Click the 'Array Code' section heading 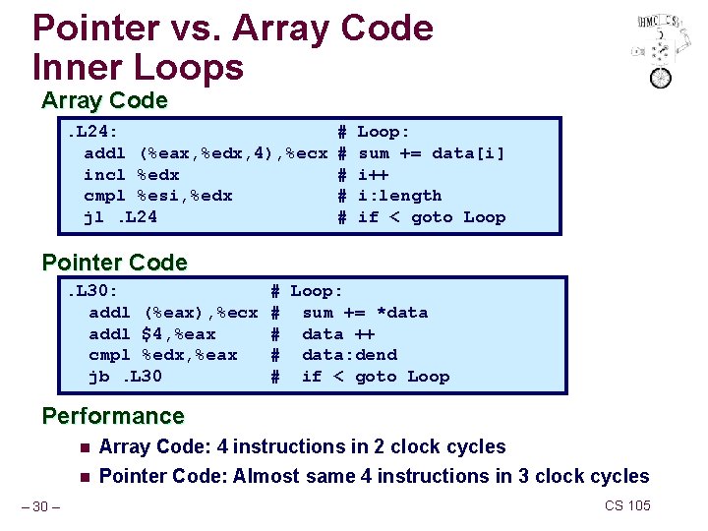click(104, 100)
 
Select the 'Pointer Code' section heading click(114, 263)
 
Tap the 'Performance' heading click(113, 416)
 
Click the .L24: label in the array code click(93, 132)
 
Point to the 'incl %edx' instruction click(132, 174)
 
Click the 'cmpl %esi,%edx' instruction click(158, 196)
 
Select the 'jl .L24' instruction click(121, 217)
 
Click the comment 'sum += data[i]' click(432, 153)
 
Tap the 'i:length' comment click(400, 196)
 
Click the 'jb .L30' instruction click(126, 377)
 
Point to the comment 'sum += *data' click(365, 313)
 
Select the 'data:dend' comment click(349, 355)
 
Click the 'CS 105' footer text click(627, 505)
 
